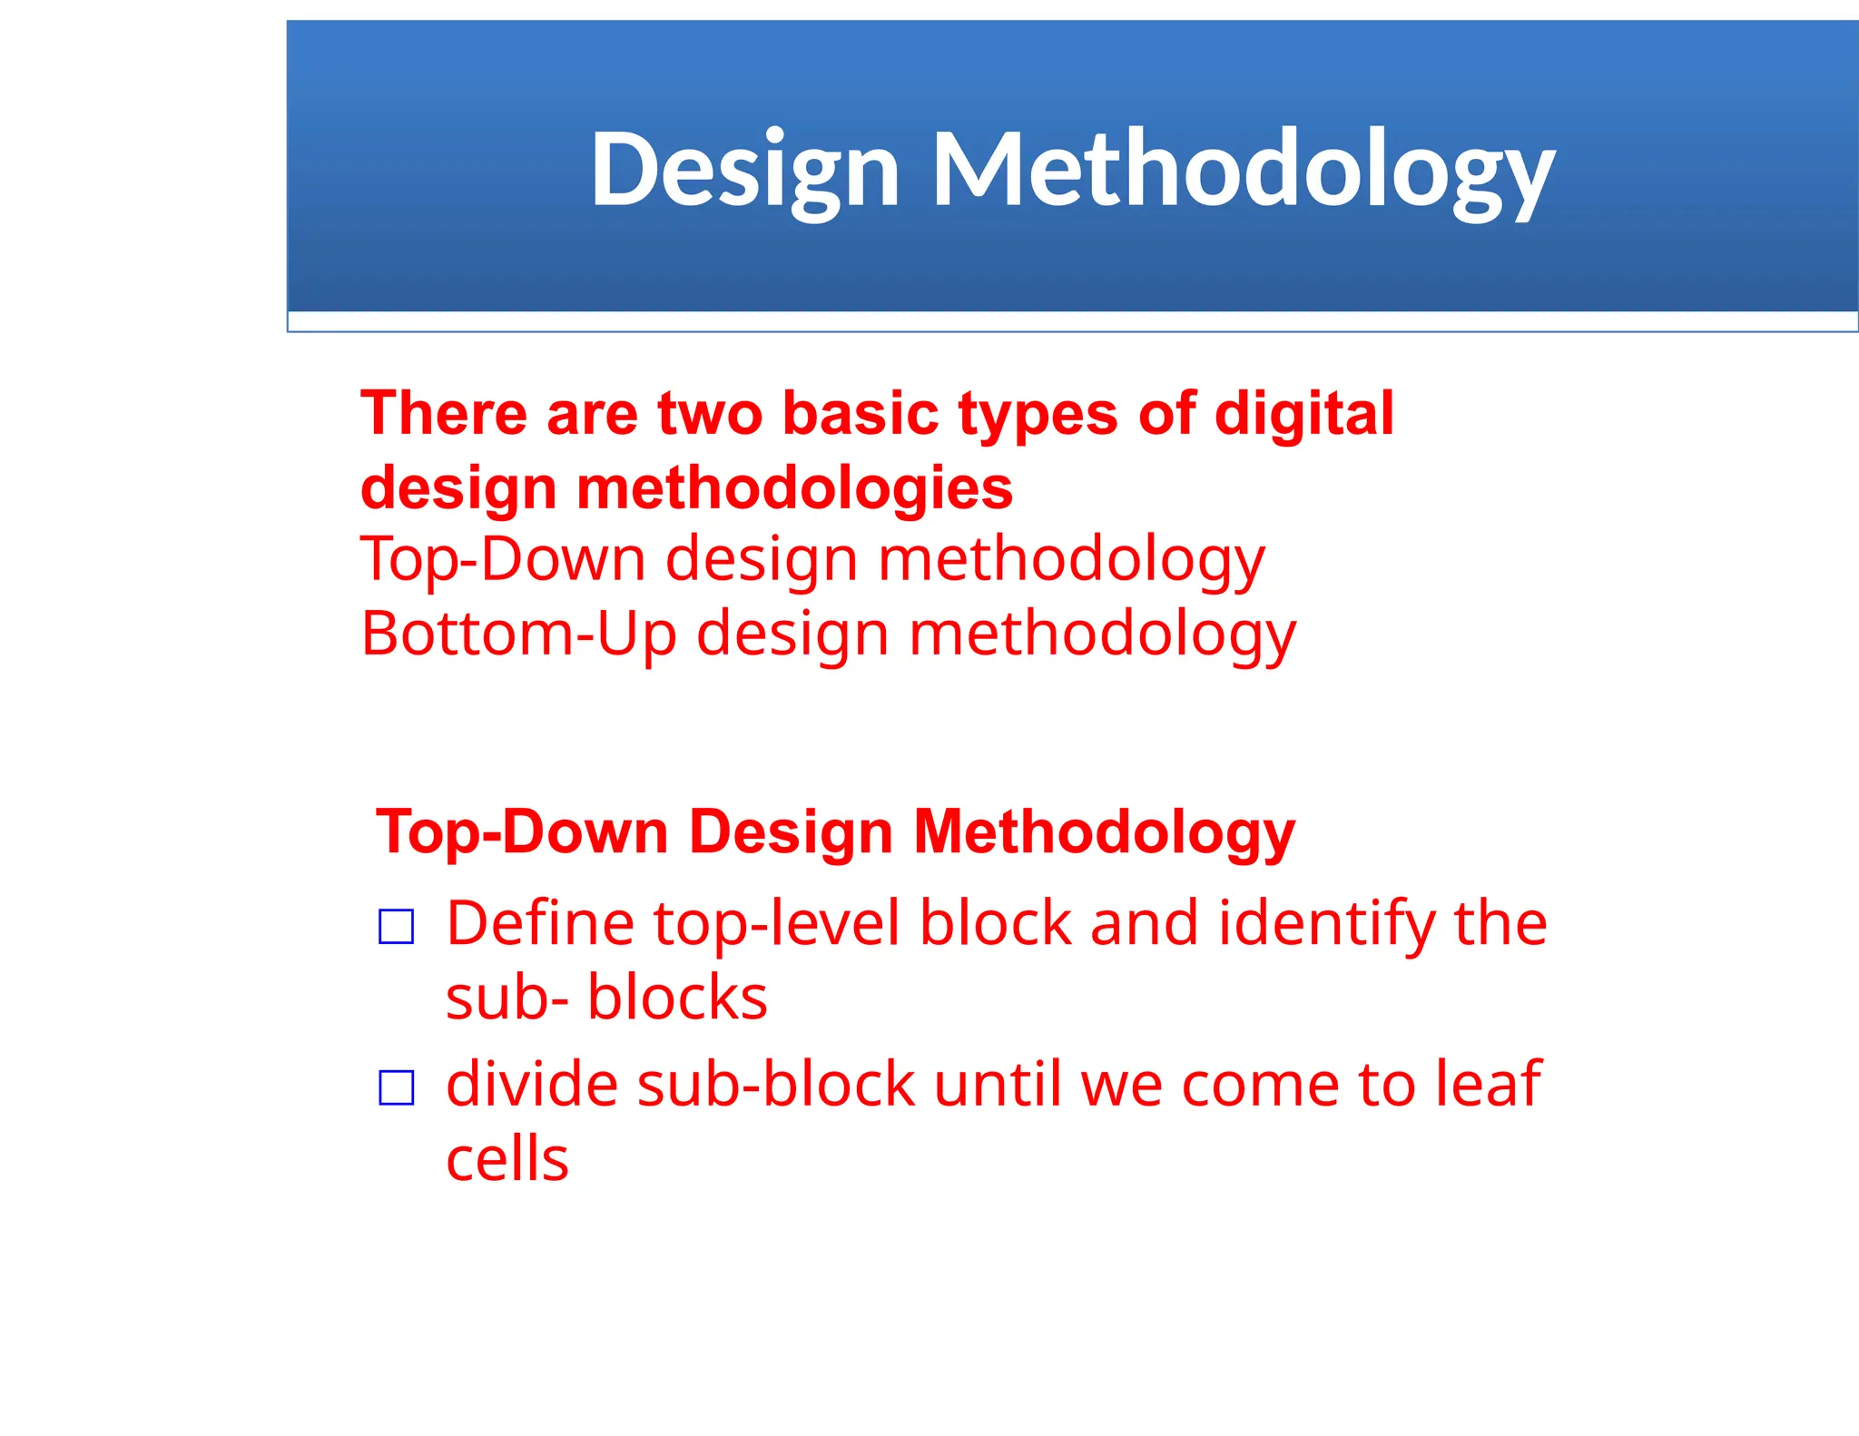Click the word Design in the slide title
[x=744, y=171]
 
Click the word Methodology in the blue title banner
[x=1243, y=171]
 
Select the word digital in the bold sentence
[x=1303, y=414]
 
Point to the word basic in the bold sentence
[x=860, y=414]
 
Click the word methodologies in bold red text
[x=794, y=488]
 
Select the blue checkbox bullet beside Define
[x=397, y=927]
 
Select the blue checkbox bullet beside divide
[x=397, y=1087]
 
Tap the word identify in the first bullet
[x=1325, y=923]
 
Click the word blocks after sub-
[x=677, y=998]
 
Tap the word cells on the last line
[x=507, y=1159]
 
